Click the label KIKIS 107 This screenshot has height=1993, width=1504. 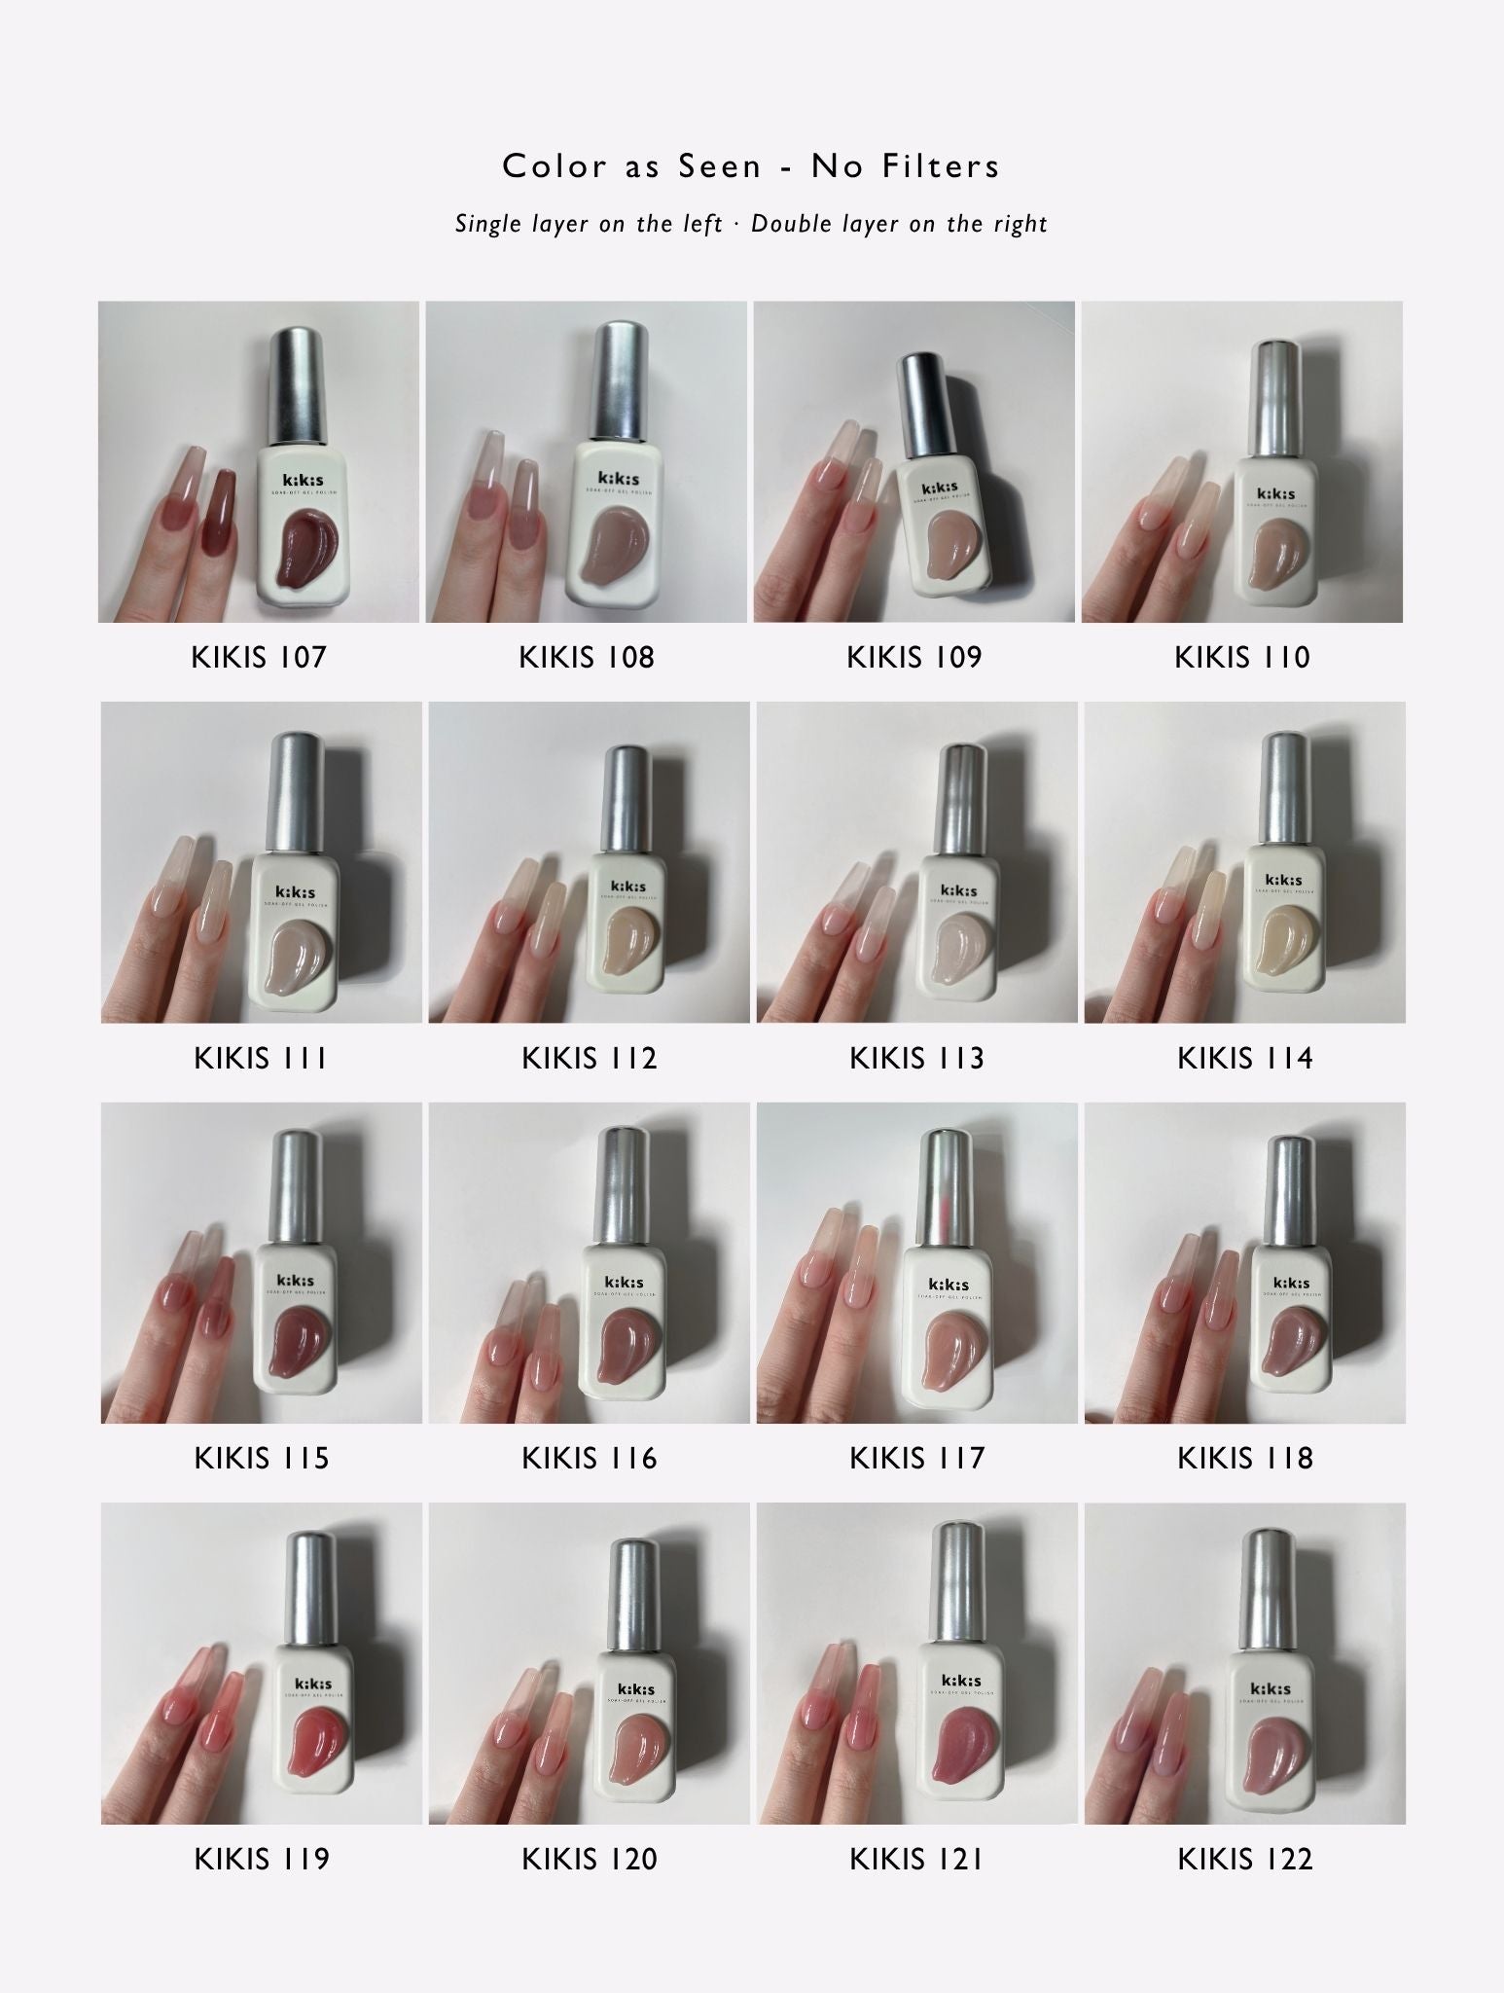(259, 657)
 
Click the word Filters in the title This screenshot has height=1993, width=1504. (941, 166)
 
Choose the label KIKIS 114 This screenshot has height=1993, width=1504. (1244, 1058)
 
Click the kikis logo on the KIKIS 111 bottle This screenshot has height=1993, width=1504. (296, 891)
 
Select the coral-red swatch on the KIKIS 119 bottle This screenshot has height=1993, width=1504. (321, 1749)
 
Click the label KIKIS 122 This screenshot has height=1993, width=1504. (1244, 1859)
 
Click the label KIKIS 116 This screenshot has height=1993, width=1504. (589, 1458)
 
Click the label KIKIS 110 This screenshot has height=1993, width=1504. (1242, 657)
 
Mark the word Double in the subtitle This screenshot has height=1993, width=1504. (791, 224)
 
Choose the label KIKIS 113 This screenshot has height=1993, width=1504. (916, 1058)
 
